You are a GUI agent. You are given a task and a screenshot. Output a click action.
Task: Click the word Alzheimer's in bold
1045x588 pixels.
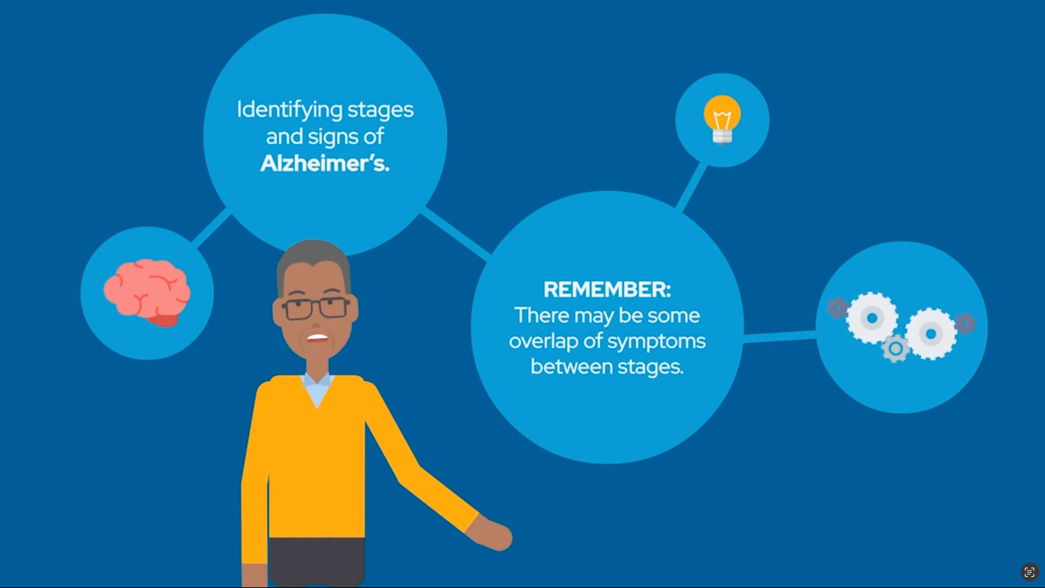pos(324,164)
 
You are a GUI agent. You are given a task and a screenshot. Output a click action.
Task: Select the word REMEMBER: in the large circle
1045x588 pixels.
pos(607,289)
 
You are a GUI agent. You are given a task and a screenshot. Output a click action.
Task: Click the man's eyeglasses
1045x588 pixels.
pos(316,309)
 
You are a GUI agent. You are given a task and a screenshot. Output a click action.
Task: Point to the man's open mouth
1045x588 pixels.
pos(317,338)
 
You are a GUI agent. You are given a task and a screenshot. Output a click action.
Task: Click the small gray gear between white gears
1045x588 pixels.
pos(895,348)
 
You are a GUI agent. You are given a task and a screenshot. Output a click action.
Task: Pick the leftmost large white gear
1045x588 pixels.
pos(872,318)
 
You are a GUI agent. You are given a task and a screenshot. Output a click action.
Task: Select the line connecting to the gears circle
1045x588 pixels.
pos(780,336)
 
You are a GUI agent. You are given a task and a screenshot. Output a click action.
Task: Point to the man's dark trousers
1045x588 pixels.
pos(316,562)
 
